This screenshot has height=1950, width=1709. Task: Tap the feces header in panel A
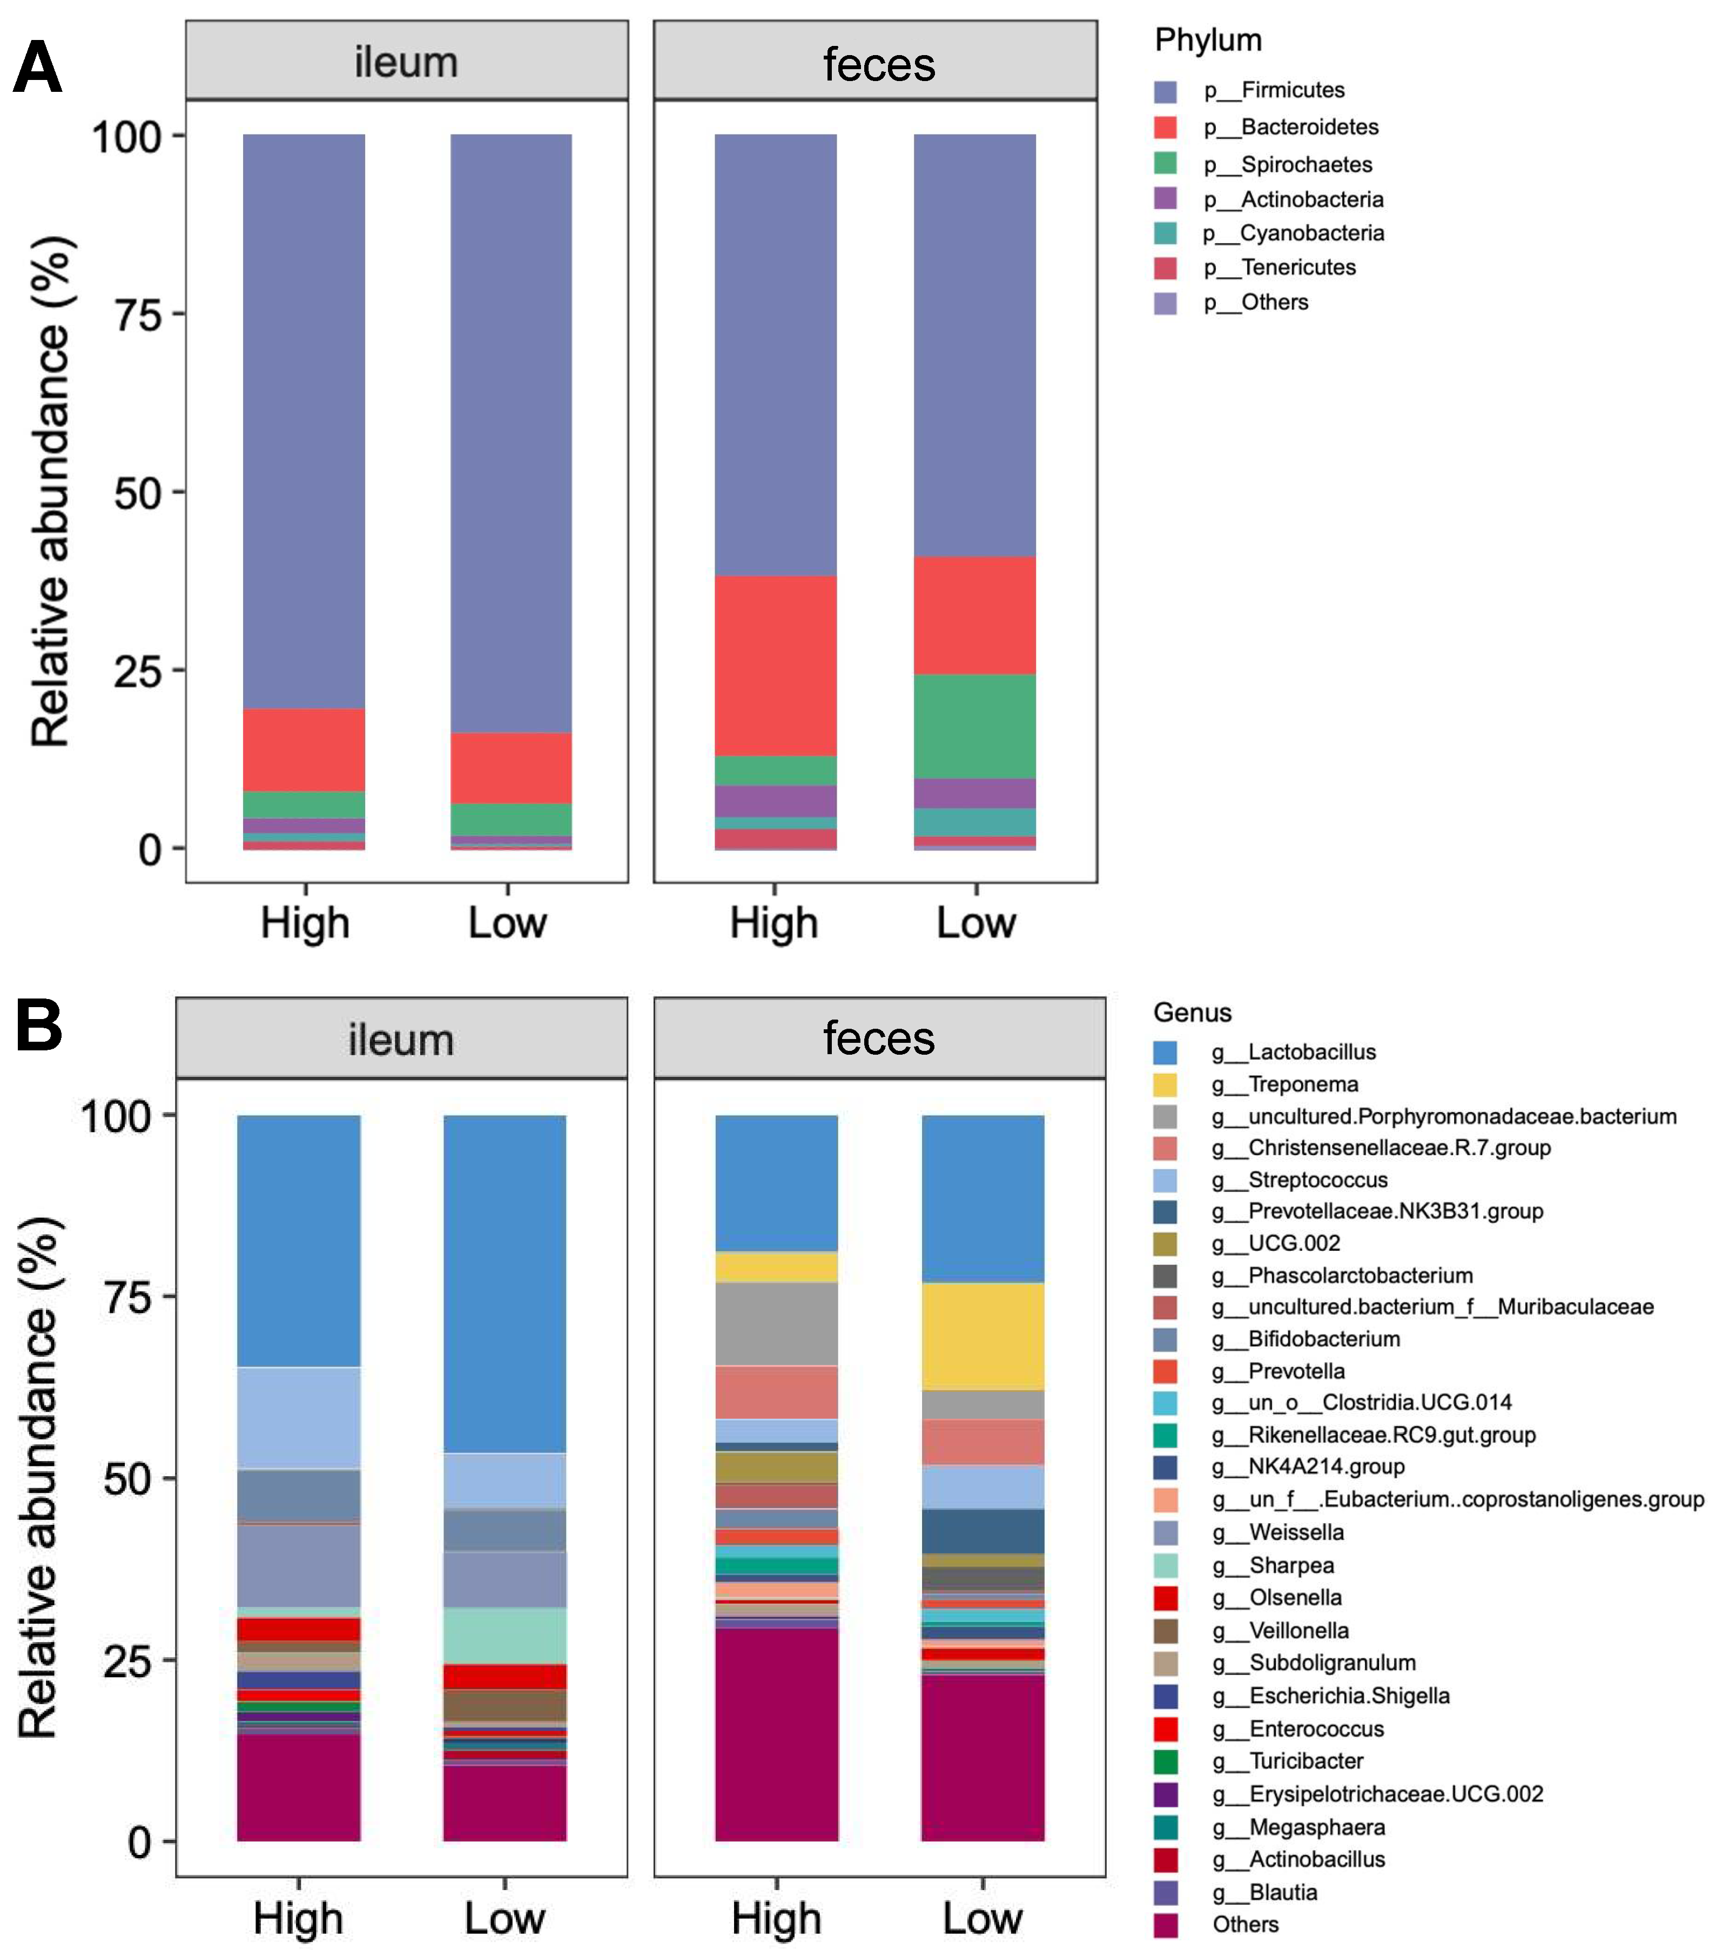[878, 64]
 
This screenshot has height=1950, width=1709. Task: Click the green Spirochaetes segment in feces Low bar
[974, 726]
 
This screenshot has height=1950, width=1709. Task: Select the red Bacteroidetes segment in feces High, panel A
[775, 665]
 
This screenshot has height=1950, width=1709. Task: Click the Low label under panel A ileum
[507, 922]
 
